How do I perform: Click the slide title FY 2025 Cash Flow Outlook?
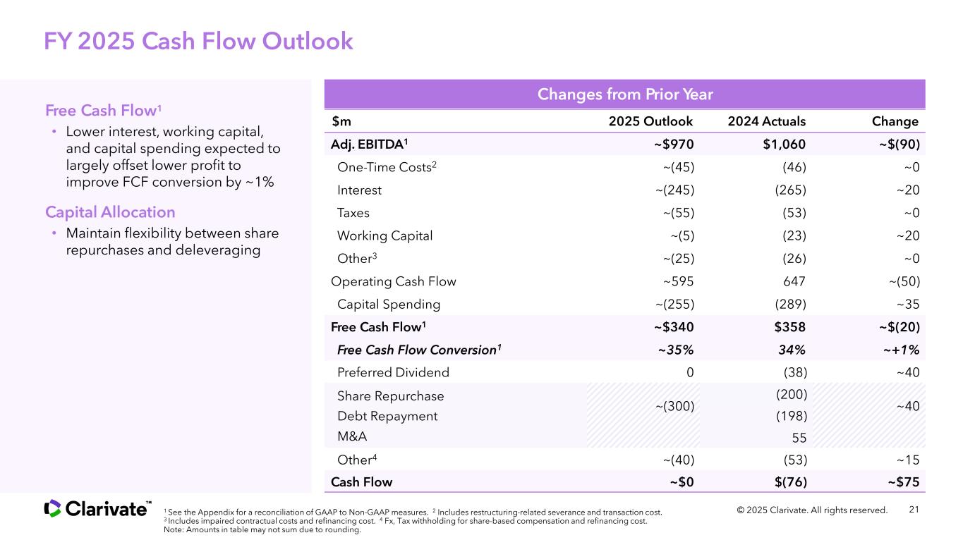point(198,42)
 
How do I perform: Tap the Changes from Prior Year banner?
point(624,94)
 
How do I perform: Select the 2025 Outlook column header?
point(650,121)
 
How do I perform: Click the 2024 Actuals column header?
point(767,121)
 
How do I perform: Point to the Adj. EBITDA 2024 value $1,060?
point(785,145)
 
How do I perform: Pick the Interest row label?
point(359,190)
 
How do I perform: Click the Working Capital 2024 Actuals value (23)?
point(794,236)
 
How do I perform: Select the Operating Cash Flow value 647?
point(794,281)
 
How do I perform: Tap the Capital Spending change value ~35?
point(907,304)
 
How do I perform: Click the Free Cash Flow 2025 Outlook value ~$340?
point(674,327)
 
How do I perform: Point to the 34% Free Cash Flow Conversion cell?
point(792,350)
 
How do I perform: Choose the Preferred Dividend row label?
point(393,372)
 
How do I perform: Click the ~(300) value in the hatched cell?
point(674,406)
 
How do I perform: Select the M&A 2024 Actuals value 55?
point(799,438)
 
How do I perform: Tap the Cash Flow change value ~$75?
point(904,482)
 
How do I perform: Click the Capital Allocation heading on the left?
point(110,212)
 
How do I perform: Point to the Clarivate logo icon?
point(52,508)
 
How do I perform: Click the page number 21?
point(914,510)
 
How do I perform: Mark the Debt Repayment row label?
point(387,416)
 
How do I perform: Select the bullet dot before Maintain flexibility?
point(54,233)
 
